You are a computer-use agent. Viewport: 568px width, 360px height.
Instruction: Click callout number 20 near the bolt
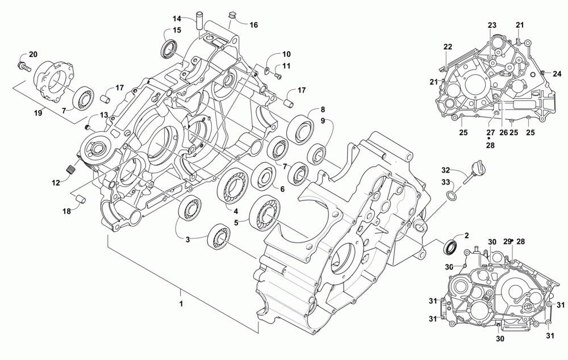(x=33, y=55)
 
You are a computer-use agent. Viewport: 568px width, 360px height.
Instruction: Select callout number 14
(x=177, y=19)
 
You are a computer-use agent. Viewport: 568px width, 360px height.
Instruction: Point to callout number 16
(x=253, y=25)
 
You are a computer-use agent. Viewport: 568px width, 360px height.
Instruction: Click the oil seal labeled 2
(x=451, y=247)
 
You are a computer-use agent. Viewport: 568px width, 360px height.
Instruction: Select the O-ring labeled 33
(x=452, y=196)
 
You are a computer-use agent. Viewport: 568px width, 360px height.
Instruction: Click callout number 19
(x=38, y=113)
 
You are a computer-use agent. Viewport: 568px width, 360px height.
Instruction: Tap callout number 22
(x=448, y=47)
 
